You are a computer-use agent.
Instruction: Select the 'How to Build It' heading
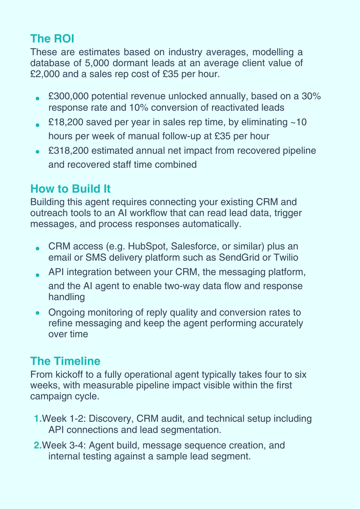pyautogui.click(x=70, y=189)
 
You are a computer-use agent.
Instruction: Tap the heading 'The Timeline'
pyautogui.click(x=65, y=361)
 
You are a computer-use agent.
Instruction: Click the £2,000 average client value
pyautogui.click(x=45, y=74)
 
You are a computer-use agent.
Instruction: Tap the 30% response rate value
pyautogui.click(x=311, y=96)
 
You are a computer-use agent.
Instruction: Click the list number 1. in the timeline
pyautogui.click(x=38, y=419)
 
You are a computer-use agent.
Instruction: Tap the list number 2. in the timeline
pyautogui.click(x=38, y=446)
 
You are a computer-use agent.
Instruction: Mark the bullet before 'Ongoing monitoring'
pyautogui.click(x=38, y=313)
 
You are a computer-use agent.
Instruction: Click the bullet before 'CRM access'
pyautogui.click(x=38, y=248)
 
